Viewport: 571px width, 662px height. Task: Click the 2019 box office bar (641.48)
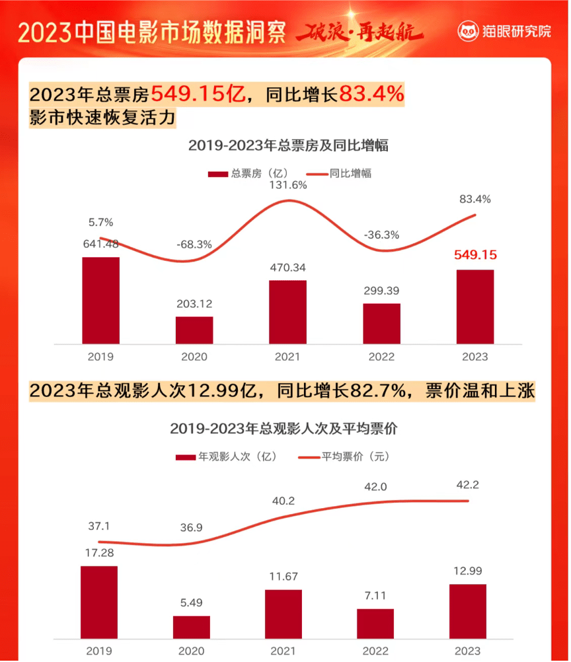point(100,300)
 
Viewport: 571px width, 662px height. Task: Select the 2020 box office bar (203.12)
point(194,330)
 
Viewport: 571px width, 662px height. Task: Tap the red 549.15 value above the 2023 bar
point(475,255)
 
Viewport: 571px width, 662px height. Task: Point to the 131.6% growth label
point(287,186)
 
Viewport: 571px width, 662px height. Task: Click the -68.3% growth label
point(194,244)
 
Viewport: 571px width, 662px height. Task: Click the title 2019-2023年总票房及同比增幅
point(288,146)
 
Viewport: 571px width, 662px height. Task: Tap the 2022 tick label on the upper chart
point(381,357)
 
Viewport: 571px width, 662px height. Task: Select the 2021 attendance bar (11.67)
point(284,614)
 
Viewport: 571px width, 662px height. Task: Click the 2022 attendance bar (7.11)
point(375,623)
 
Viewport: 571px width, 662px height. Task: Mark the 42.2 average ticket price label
point(467,485)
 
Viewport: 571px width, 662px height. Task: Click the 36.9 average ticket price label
point(192,528)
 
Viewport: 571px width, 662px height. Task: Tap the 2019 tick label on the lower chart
point(100,651)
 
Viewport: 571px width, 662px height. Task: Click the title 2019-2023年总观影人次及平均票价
point(284,428)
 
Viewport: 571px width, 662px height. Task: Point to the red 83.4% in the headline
point(371,95)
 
